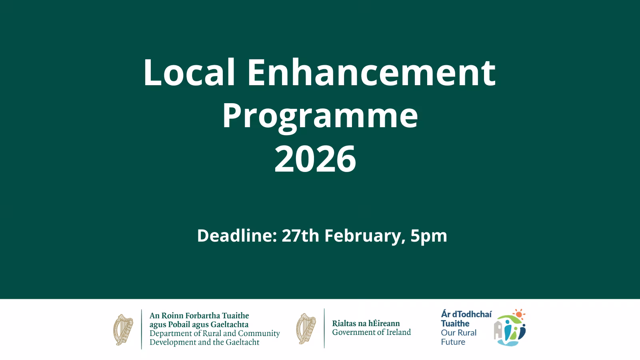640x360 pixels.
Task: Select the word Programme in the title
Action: [320, 117]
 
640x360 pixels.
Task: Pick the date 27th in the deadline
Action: [300, 236]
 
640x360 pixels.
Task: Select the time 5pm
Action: [429, 237]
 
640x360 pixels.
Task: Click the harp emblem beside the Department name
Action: [123, 330]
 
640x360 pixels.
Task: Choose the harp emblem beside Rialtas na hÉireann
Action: [306, 328]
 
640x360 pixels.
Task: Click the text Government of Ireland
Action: [372, 332]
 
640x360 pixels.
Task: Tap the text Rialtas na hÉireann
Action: [366, 324]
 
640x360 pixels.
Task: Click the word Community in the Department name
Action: [259, 334]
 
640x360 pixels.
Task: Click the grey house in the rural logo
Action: [498, 330]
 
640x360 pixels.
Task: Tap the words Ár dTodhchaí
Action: [466, 314]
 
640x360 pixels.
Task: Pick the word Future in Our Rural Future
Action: [453, 342]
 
